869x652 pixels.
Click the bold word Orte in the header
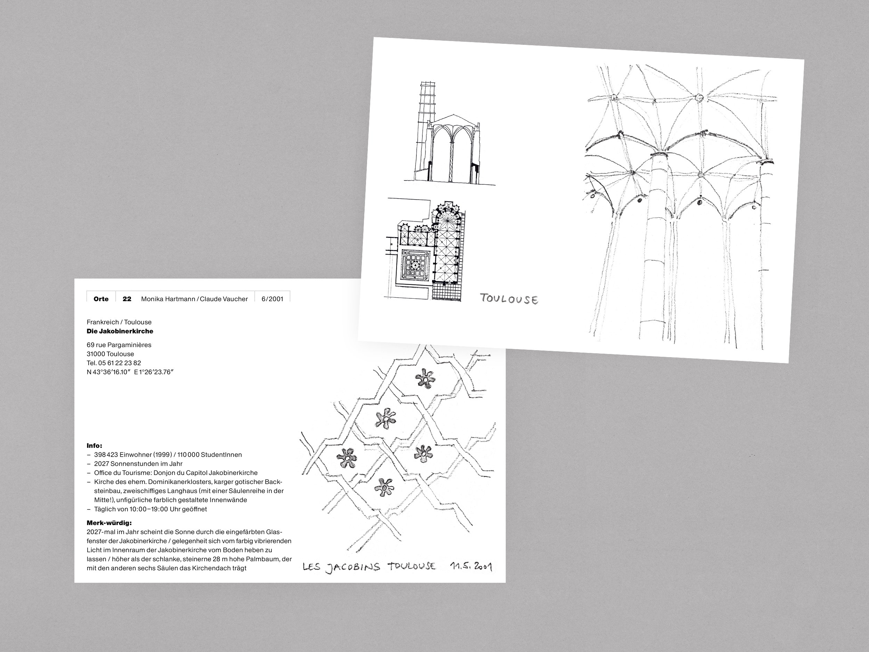pos(101,299)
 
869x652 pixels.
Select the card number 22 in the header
pos(127,299)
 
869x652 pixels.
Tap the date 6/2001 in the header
pos(272,299)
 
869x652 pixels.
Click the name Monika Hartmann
pos(169,299)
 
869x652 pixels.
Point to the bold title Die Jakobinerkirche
pos(120,331)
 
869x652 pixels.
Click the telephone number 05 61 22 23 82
pos(120,363)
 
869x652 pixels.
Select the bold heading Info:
pos(94,446)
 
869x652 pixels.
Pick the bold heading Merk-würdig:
pos(109,523)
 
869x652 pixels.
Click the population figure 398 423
pos(106,455)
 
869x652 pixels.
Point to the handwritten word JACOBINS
pos(353,567)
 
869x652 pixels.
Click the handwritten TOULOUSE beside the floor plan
pos(509,299)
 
